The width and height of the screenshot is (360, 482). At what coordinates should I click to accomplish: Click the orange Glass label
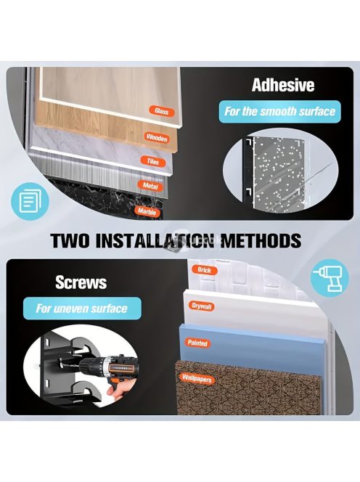[162, 111]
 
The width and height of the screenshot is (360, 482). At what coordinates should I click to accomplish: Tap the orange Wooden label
[157, 137]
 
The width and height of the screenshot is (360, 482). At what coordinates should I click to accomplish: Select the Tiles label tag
[153, 161]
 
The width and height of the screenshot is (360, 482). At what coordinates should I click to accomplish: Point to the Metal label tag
[150, 186]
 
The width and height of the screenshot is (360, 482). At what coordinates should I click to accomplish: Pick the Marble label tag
[147, 211]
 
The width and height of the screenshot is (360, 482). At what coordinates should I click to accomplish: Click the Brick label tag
[205, 270]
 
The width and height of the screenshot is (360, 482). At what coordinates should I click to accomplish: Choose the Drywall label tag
[201, 306]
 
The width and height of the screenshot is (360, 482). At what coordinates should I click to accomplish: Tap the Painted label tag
[197, 343]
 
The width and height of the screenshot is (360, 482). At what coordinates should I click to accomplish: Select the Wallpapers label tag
[197, 378]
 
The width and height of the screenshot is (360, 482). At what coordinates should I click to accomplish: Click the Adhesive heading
[283, 85]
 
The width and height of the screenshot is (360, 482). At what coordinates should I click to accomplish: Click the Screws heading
[81, 282]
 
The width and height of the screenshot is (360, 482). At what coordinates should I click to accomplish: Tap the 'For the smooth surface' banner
[279, 112]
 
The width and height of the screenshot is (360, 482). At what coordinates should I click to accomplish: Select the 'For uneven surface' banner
[82, 309]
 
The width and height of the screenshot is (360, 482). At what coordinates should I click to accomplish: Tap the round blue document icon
[30, 201]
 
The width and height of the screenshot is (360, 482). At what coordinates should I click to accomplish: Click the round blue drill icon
[330, 278]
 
